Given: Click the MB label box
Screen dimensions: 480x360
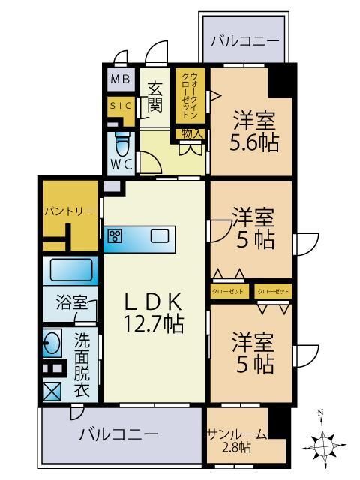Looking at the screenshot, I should [x=120, y=79].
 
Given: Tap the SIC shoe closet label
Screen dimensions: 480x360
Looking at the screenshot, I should [x=120, y=106].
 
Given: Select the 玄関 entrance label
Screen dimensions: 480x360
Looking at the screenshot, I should [x=154, y=96].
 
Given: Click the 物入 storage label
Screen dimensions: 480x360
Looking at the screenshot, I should [x=190, y=133].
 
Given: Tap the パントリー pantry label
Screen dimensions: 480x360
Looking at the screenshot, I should [x=68, y=212].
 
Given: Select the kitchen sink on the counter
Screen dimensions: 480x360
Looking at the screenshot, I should [x=160, y=236].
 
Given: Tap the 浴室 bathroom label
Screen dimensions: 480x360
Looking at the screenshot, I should [x=72, y=304].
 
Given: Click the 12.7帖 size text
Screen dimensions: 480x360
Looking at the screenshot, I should [x=153, y=323].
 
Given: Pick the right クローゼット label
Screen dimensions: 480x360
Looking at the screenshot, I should [x=273, y=291].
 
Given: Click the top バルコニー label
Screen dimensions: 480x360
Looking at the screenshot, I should [x=244, y=41].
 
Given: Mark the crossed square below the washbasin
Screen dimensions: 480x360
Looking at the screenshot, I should [x=52, y=390].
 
